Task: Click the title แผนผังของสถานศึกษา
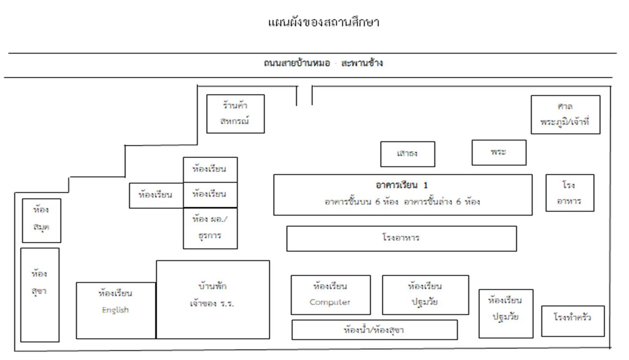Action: point(324,22)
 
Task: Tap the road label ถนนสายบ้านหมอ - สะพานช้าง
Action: point(323,63)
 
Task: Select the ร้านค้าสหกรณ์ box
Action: point(235,113)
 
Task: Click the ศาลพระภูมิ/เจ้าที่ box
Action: point(566,114)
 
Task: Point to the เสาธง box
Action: point(408,154)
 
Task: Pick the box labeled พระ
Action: point(499,153)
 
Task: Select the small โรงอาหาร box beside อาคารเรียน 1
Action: point(570,193)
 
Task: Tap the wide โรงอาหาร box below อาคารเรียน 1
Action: point(402,239)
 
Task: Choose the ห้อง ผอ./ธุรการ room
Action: point(210,228)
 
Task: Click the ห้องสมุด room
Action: point(42,220)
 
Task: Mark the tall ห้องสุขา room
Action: point(40,295)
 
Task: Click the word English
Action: point(115,310)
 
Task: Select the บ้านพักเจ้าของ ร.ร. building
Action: point(213,300)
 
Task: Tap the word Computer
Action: point(330,302)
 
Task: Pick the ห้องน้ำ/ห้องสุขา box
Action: point(375,330)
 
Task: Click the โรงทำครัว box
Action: point(573,321)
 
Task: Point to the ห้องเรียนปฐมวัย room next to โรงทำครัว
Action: point(506,314)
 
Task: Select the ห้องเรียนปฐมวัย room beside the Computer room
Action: point(425,295)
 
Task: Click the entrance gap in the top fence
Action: point(304,86)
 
